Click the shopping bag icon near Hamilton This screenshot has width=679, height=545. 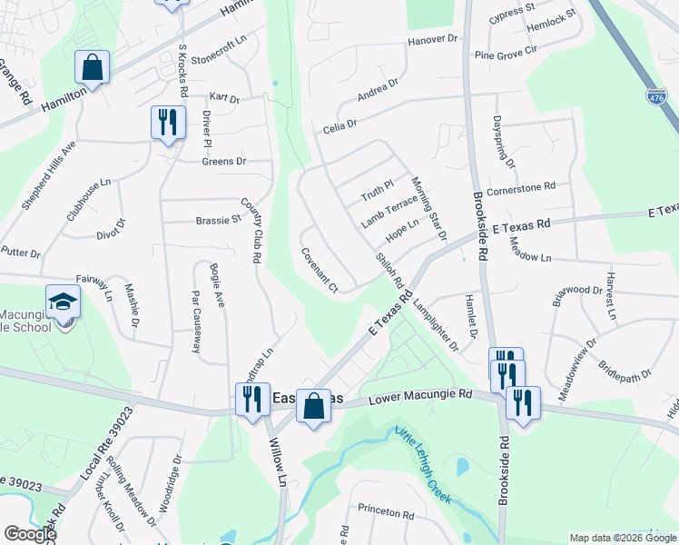(92, 66)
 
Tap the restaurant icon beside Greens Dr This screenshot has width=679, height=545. (167, 122)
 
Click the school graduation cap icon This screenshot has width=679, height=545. (63, 302)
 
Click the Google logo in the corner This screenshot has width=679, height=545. (29, 534)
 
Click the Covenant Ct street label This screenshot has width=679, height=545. (319, 271)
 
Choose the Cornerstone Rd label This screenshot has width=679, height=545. (521, 187)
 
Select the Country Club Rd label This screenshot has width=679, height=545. (251, 232)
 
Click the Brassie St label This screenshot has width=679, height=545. (219, 219)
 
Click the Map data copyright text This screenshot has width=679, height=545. (622, 538)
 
